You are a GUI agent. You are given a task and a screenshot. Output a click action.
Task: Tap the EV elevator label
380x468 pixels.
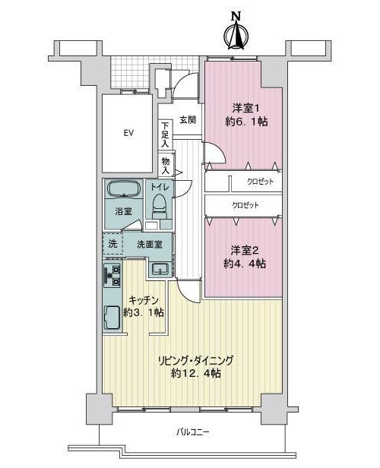pos(128,133)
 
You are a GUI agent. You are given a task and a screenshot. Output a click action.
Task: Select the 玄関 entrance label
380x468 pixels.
pos(188,120)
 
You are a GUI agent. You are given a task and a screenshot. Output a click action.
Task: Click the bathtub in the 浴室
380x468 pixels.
pos(124,189)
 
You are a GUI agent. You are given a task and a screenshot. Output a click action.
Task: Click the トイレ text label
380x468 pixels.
pos(160,188)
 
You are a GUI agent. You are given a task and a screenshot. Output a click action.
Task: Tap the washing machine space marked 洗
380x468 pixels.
pos(112,244)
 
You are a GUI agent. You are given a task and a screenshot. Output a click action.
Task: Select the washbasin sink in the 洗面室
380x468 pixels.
pos(160,269)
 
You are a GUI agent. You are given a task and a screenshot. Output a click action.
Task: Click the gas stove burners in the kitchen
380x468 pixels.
pos(112,276)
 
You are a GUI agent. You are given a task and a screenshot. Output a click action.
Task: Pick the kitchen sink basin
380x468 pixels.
pos(112,318)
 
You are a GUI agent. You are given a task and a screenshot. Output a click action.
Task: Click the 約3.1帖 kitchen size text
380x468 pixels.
pos(144,312)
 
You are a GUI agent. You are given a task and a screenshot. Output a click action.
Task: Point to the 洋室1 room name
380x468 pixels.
pos(245,108)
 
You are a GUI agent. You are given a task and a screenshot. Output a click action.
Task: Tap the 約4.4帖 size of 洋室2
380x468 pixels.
pos(245,264)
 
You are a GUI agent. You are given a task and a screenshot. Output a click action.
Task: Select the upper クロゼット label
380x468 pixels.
pos(260,182)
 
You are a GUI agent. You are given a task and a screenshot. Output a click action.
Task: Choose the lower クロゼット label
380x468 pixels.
pos(245,205)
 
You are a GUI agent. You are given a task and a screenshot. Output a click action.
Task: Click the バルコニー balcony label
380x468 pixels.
pos(192,432)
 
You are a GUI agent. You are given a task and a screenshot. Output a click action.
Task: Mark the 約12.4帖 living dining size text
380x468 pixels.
pos(196,373)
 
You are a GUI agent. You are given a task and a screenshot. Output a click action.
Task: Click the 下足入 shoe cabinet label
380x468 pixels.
pos(165,134)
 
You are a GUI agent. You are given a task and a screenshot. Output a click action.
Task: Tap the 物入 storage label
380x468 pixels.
pos(166,166)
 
